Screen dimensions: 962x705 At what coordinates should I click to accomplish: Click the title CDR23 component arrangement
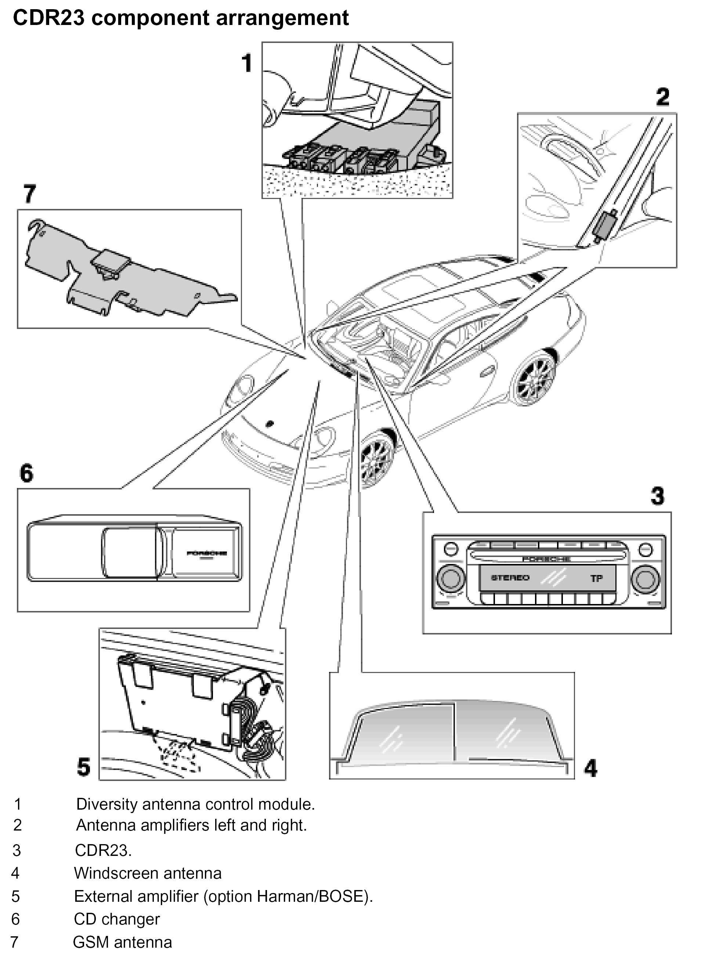click(181, 18)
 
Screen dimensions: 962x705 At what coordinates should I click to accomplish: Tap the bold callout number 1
click(247, 63)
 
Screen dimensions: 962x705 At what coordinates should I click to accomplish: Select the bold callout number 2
click(662, 97)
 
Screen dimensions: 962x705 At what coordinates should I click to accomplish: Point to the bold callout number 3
click(658, 496)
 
